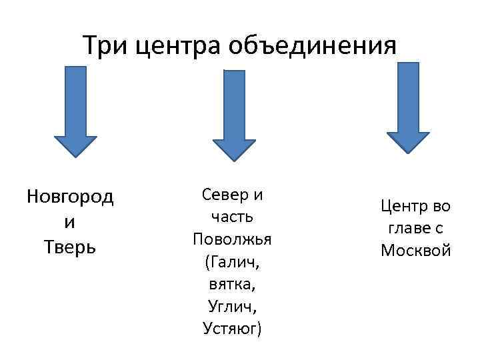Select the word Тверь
tap(71, 247)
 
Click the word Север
tap(225, 195)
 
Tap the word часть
tap(233, 217)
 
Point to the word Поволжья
tap(233, 239)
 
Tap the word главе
tap(408, 229)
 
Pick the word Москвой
tap(416, 251)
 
